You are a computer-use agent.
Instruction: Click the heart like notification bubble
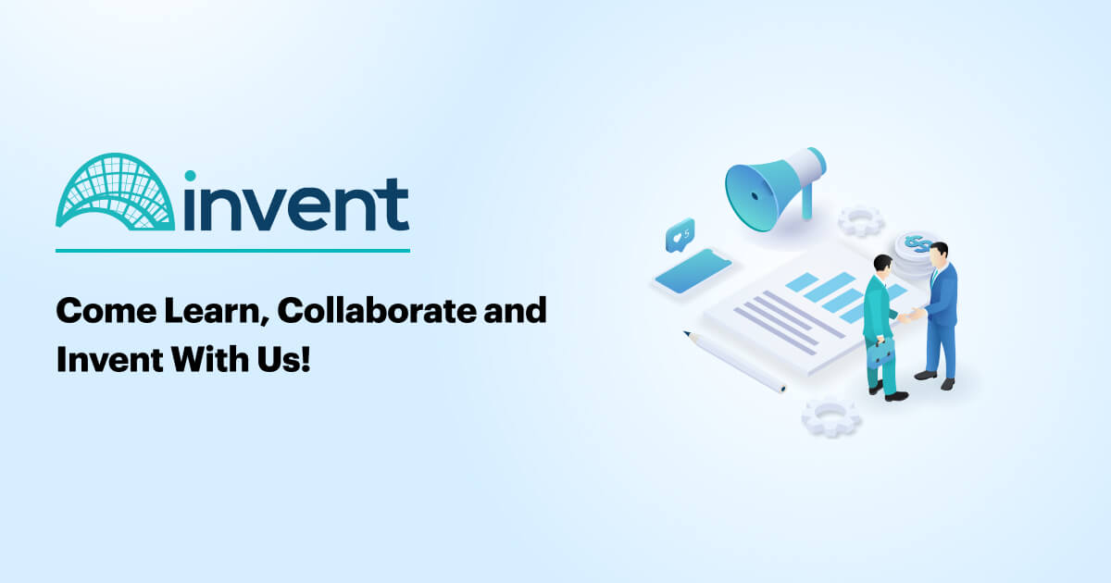(x=680, y=235)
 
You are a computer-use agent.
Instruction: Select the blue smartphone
(x=692, y=272)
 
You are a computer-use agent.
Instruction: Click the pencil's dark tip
(x=686, y=333)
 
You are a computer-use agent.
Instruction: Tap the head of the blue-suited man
(x=940, y=252)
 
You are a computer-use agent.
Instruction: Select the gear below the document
(x=830, y=416)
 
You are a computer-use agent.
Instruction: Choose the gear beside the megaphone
(x=860, y=220)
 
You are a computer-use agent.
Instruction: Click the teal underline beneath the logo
(x=232, y=250)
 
